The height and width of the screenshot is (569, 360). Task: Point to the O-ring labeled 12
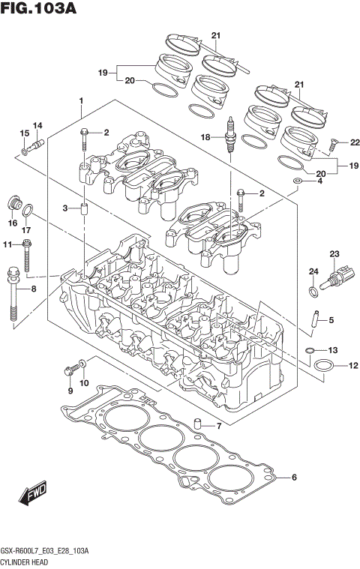323,365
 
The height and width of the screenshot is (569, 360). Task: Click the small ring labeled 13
309,350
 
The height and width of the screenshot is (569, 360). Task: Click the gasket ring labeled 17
27,210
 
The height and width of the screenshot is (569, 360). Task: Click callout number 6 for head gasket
295,478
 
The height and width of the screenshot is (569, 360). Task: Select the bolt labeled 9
72,368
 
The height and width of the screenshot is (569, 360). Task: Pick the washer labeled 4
298,181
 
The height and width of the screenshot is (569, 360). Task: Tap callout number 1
80,100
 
